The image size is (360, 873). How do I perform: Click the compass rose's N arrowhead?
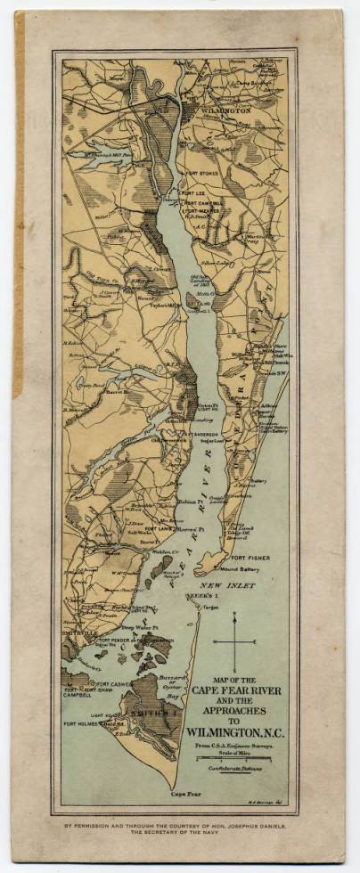click(x=236, y=616)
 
